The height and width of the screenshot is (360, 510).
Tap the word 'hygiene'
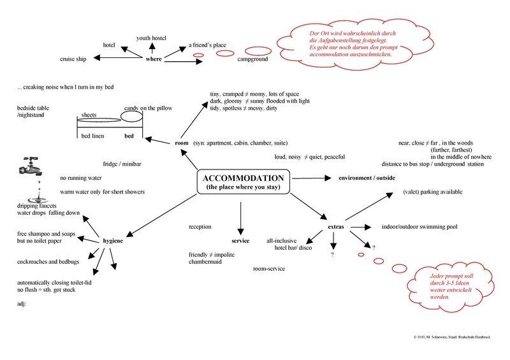coord(113,241)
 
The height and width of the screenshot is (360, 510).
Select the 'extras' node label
coord(336,227)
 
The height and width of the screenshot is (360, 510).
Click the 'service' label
coord(240,241)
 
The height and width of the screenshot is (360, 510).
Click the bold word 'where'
coord(154,59)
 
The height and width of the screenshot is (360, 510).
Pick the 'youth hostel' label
coord(152,38)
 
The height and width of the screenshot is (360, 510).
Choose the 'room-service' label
coord(269,269)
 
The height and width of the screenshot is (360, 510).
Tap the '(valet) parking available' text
coord(432,192)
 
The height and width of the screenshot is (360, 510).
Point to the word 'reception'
coord(201,227)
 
